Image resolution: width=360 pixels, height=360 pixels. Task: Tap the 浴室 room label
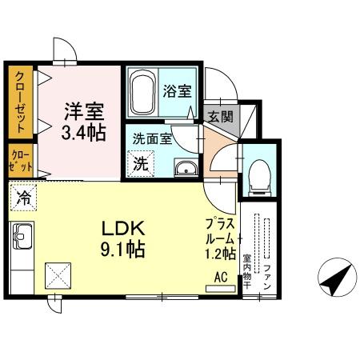pos(178,90)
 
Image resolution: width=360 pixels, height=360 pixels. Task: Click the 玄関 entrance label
pos(221,116)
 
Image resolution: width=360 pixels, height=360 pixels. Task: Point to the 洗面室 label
pos(152,138)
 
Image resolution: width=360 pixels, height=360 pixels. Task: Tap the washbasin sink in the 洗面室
pos(186,168)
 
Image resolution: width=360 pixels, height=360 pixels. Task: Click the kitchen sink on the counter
pos(22,237)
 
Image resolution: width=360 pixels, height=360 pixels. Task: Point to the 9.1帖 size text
pos(121,250)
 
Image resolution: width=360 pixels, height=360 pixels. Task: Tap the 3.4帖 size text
pos(84,132)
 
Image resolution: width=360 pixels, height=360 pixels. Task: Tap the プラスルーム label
pos(220,231)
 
